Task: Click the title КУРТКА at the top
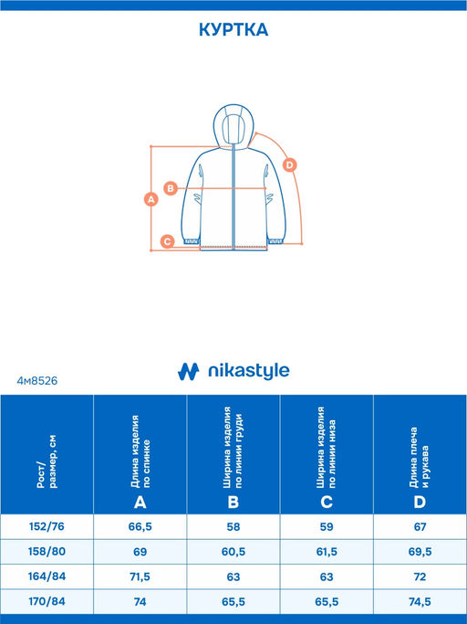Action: [233, 30]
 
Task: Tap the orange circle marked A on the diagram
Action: [151, 199]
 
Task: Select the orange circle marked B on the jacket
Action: [171, 188]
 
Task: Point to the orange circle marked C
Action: [167, 241]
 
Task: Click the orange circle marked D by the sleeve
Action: [290, 164]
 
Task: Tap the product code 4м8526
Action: [37, 381]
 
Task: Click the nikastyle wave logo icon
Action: [188, 371]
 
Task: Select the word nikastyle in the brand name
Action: [249, 371]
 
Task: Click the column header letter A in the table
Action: [140, 502]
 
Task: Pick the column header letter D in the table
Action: [420, 502]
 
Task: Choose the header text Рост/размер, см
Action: [47, 461]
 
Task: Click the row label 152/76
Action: [47, 526]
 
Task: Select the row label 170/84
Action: [47, 601]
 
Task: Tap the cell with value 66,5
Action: [140, 527]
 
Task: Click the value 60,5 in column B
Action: [233, 552]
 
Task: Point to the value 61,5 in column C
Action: [327, 552]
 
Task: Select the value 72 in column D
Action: [420, 576]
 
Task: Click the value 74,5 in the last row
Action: [420, 602]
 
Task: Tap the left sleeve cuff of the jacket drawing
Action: [192, 241]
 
